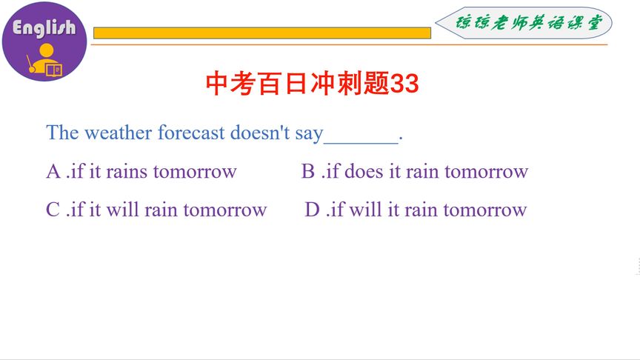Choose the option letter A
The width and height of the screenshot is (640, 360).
[x=53, y=172]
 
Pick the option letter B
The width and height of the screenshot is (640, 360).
[x=308, y=172]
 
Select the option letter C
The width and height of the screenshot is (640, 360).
[x=53, y=210]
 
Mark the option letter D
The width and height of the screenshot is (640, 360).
[x=313, y=210]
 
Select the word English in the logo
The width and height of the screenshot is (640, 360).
[x=44, y=28]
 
